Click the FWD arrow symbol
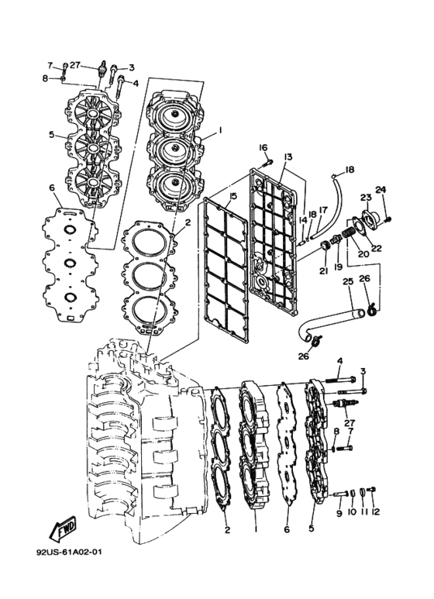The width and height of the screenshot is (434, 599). [63, 528]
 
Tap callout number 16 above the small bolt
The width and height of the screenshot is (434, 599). [263, 147]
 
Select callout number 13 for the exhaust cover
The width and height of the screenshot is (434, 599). [288, 157]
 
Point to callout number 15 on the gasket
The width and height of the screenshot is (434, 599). [233, 196]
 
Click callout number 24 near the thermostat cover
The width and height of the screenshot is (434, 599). [381, 189]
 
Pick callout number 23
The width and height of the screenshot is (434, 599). [366, 197]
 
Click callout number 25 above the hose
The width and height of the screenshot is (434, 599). [348, 282]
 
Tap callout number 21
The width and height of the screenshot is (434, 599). [324, 271]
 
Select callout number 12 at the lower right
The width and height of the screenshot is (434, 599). [376, 511]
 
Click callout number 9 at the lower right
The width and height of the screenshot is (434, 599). [339, 513]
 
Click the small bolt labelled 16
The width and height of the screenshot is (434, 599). [267, 164]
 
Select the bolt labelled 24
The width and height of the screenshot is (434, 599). [389, 219]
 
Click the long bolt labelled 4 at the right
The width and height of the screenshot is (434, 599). [341, 380]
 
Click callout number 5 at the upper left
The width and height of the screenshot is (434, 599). [52, 135]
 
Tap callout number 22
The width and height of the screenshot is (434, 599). [377, 247]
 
